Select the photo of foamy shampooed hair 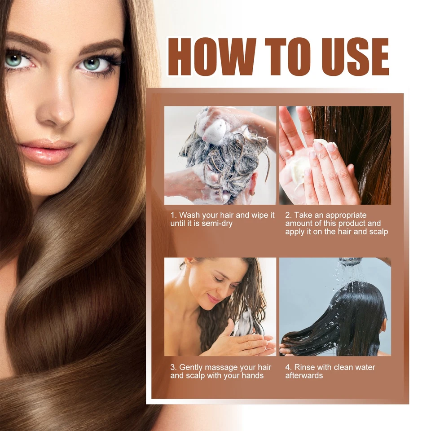220,155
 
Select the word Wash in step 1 189,215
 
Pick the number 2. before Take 289,215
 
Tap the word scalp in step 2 377,232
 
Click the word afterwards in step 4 304,375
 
